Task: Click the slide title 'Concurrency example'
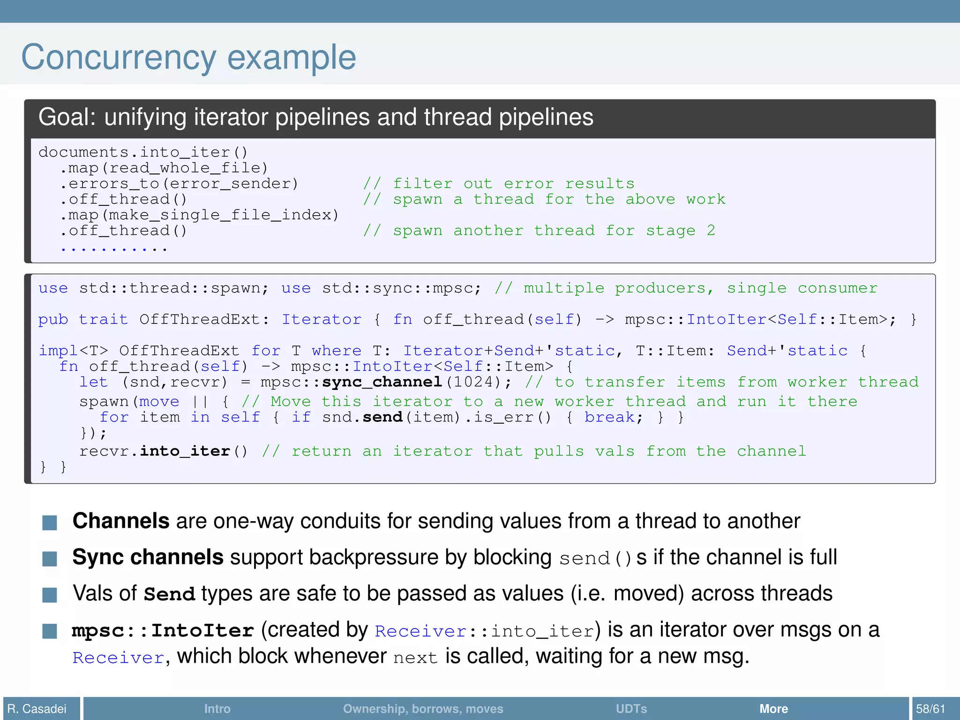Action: (188, 57)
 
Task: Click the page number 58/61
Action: (930, 708)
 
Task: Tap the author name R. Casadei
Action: (37, 708)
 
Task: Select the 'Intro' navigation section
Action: (217, 708)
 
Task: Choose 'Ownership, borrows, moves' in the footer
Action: (423, 708)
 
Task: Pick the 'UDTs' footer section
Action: (631, 708)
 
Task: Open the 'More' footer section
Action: (773, 708)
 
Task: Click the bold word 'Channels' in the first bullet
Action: (121, 521)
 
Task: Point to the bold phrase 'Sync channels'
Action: (148, 557)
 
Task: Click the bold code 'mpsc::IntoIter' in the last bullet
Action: (163, 630)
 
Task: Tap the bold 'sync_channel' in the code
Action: (382, 382)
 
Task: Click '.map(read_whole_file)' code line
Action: (164, 168)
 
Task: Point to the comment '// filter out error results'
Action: (499, 184)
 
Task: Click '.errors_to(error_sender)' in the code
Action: (179, 184)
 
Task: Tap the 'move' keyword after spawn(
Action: (159, 402)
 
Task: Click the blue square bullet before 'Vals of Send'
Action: (50, 594)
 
